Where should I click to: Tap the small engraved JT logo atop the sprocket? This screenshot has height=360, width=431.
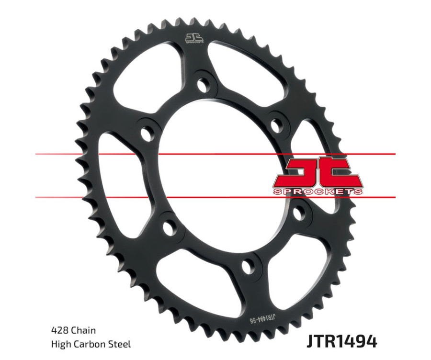coord(194,38)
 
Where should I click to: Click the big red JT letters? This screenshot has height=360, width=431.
coord(318,172)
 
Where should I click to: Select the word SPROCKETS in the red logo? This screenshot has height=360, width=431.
coord(318,191)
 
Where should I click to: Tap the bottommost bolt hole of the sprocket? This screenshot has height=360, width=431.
coord(249,266)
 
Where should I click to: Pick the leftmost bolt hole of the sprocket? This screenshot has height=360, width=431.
coord(145,133)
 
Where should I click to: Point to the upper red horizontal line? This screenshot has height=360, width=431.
coord(144,154)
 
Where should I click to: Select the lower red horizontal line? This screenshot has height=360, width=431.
coord(144,197)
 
